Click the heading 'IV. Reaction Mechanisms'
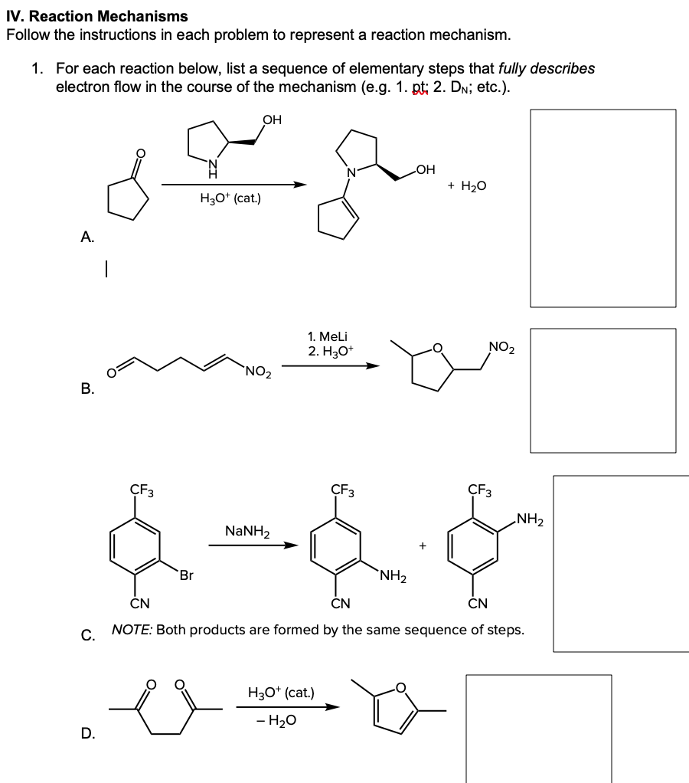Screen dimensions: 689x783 (x=96, y=16)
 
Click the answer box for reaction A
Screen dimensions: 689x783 (x=602, y=207)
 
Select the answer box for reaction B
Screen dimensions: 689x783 (x=602, y=391)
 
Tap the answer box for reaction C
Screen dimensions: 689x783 (x=621, y=563)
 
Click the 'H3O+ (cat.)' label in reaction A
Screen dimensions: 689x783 (x=230, y=199)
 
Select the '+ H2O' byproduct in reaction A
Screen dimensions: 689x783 (x=468, y=185)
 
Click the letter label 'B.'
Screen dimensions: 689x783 (x=88, y=388)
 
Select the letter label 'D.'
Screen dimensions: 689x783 (x=88, y=734)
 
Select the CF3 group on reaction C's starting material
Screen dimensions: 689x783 (x=140, y=490)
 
